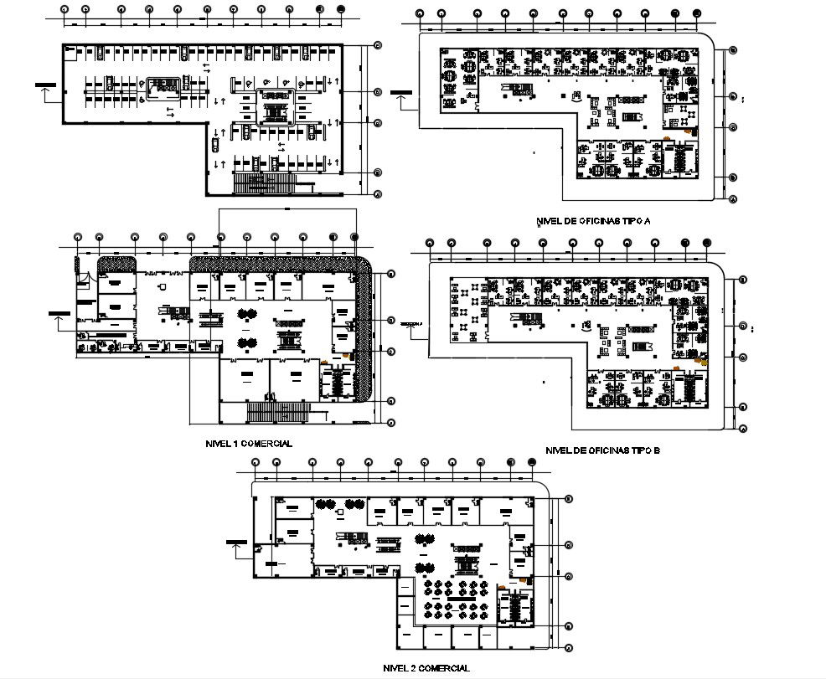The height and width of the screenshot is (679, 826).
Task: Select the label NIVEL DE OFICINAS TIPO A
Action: [593, 222]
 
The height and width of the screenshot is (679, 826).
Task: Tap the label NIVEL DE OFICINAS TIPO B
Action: [602, 450]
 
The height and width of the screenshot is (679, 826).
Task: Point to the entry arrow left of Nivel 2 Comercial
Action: [236, 548]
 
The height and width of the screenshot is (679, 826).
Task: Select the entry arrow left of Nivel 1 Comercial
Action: [59, 319]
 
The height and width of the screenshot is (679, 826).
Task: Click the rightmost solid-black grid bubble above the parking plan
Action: [340, 10]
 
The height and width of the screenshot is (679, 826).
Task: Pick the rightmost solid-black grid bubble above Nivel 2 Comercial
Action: [530, 461]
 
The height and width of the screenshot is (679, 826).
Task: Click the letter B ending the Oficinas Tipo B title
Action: [658, 450]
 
